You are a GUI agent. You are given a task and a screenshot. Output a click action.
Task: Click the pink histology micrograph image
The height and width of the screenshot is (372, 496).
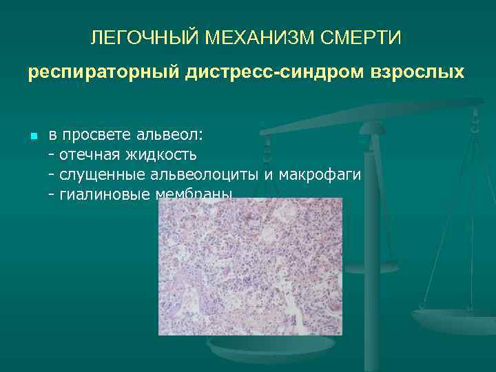tap(250, 266)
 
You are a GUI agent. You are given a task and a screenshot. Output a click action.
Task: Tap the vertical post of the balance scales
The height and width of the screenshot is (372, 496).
tap(372, 227)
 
